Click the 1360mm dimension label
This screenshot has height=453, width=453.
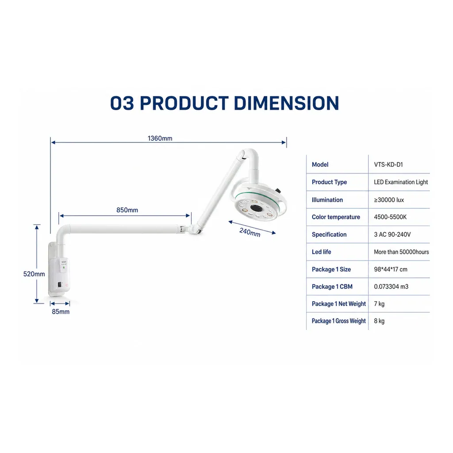click(x=160, y=138)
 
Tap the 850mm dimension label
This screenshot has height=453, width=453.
click(x=127, y=210)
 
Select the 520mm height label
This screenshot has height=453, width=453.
click(x=34, y=274)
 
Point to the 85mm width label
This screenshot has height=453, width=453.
click(x=61, y=311)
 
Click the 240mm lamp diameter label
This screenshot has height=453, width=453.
click(x=250, y=232)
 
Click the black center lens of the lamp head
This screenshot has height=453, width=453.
click(x=256, y=208)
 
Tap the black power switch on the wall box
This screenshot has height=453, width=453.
click(x=60, y=284)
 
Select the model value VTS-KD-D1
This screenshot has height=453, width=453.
click(x=388, y=165)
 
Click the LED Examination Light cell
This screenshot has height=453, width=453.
click(x=401, y=182)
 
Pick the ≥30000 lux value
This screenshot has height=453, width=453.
click(x=389, y=200)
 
